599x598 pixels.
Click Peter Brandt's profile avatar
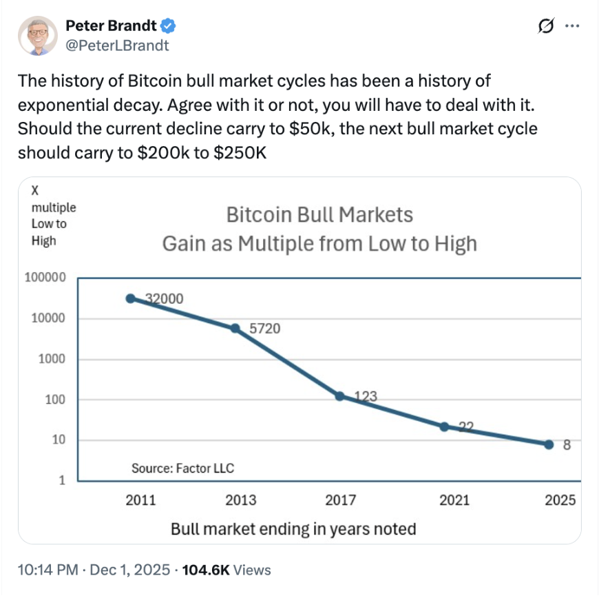point(37,36)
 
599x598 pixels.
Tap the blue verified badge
point(169,27)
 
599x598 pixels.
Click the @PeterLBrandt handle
point(117,45)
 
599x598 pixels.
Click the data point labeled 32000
point(130,298)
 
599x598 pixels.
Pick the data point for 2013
point(235,329)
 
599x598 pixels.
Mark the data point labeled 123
point(339,396)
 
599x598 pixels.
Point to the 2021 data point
point(444,426)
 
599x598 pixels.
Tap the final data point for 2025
point(549,444)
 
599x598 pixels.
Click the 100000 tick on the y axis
point(45,278)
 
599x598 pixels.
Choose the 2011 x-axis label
point(140,501)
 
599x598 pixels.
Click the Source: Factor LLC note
point(182,468)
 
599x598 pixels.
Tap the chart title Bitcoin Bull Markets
point(319,215)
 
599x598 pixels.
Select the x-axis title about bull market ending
point(293,529)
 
